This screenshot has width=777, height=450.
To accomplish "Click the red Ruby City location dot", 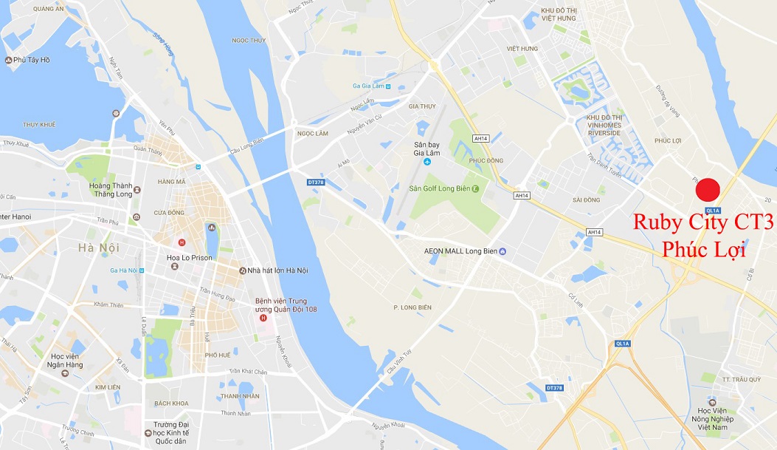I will pos(708,189).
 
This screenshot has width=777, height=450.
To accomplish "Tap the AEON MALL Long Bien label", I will pos(460,251).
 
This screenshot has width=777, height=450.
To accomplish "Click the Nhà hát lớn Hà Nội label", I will pos(278,270).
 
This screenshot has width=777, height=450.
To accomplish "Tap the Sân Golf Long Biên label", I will pos(440,188).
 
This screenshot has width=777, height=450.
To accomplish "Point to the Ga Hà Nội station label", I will pos(123,270).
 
